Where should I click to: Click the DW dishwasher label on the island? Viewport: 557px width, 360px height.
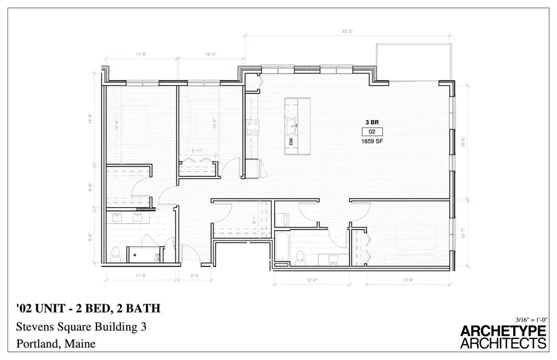290,142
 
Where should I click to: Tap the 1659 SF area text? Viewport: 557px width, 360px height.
372,141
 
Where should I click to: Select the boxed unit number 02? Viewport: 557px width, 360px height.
372,132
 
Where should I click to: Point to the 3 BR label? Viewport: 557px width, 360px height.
372,122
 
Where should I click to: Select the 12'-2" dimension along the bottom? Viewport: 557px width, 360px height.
311,280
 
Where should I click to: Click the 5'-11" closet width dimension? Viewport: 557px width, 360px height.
198,150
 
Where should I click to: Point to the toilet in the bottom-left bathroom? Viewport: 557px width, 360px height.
115,253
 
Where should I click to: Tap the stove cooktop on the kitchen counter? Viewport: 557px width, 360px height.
253,127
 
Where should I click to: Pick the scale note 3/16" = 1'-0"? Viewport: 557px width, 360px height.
526,318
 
